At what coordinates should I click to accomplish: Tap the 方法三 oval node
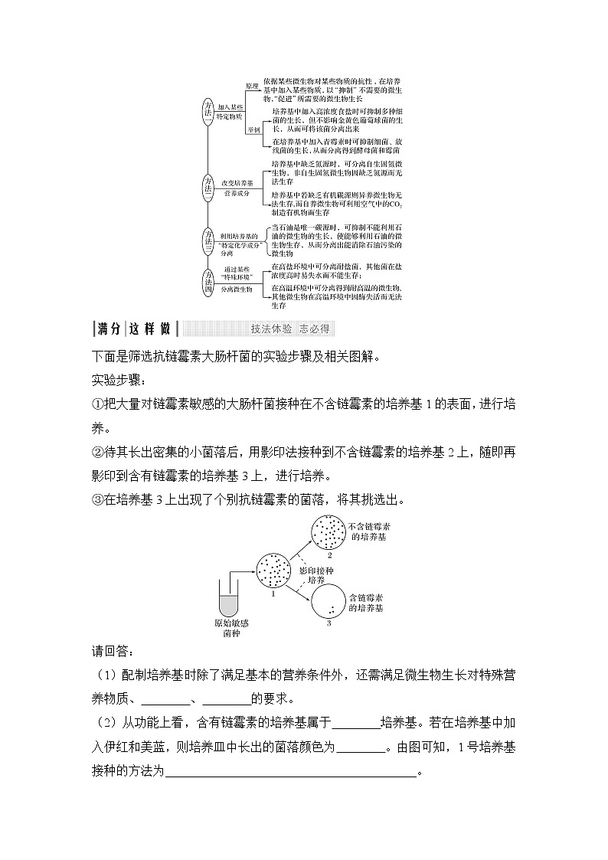[208, 240]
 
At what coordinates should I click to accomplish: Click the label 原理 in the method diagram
[253, 86]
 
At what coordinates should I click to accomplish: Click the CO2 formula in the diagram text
[396, 205]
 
